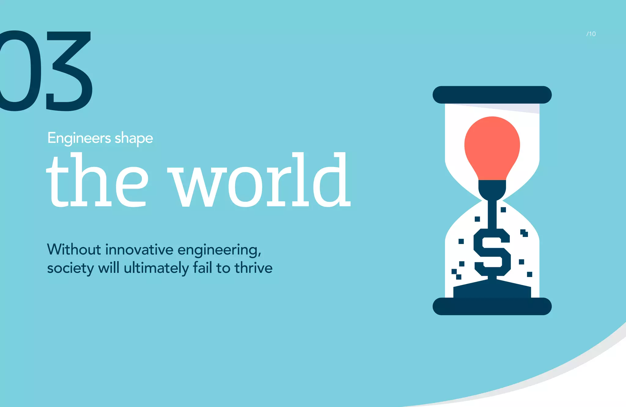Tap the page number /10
[591, 34]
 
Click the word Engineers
[79, 138]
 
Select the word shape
[134, 139]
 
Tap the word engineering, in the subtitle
[219, 250]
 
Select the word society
[70, 268]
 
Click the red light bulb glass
[492, 147]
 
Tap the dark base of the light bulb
[492, 188]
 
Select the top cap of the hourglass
[492, 95]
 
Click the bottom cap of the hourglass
[492, 306]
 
